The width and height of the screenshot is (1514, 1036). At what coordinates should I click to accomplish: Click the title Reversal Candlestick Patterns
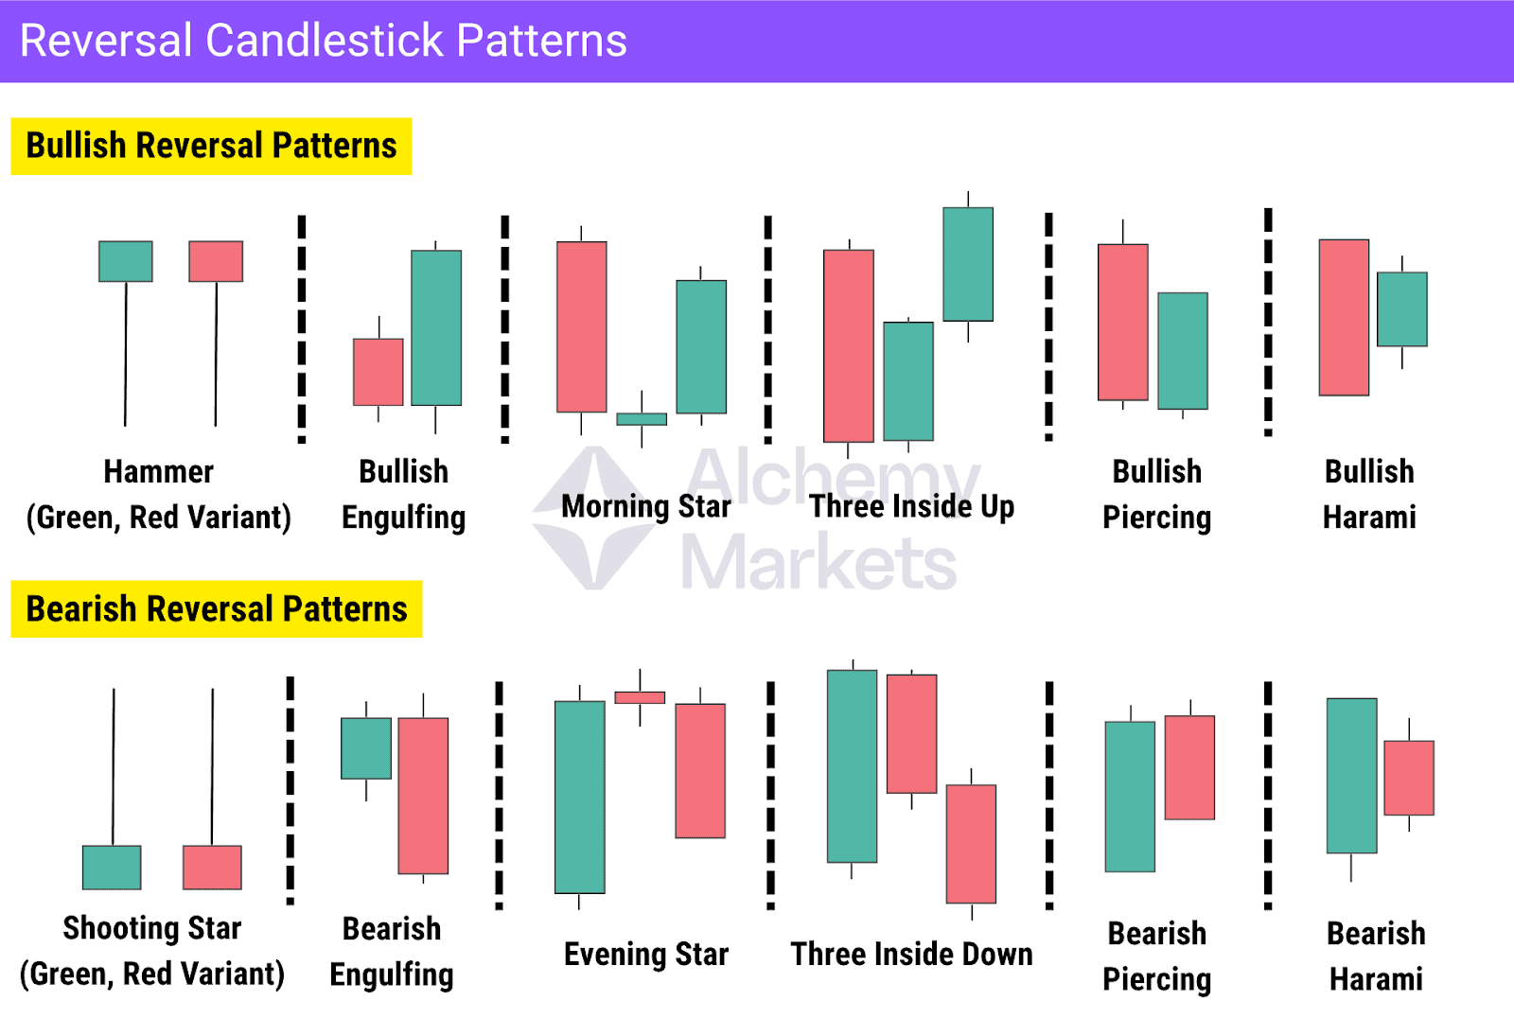tap(323, 41)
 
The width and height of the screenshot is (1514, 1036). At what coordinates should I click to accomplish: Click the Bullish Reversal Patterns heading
tap(211, 146)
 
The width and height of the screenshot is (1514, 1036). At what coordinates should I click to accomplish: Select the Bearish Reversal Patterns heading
tap(217, 609)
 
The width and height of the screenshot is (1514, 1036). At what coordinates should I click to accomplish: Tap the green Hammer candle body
tap(126, 261)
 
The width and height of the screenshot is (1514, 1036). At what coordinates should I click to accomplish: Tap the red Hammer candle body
tap(216, 261)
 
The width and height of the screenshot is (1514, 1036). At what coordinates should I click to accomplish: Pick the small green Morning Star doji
tap(642, 418)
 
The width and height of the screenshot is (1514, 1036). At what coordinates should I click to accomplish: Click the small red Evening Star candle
tap(640, 697)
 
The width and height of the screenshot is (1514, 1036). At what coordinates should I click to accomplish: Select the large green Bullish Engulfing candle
tap(436, 327)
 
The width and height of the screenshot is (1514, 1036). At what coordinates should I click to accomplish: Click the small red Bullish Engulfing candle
tap(378, 372)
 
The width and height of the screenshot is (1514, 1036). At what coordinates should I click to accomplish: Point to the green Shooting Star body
tap(112, 868)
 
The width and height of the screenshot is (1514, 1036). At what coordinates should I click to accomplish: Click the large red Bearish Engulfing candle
tap(423, 795)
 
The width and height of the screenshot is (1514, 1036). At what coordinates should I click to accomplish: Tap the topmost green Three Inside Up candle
tap(968, 264)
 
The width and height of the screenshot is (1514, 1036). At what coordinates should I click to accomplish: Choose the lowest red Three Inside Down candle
tap(971, 843)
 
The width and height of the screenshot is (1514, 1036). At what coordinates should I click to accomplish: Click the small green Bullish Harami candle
tap(1402, 309)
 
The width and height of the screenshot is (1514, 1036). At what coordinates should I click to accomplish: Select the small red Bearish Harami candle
tap(1409, 778)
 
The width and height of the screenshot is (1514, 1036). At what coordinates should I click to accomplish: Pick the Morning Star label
tap(646, 506)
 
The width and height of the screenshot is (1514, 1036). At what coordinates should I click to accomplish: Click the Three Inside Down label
tap(911, 954)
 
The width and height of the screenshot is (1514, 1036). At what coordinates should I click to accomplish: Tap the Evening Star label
tap(646, 954)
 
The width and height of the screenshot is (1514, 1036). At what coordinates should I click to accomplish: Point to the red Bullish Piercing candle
tap(1123, 322)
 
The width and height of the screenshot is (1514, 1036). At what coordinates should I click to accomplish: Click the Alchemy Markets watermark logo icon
tap(593, 518)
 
